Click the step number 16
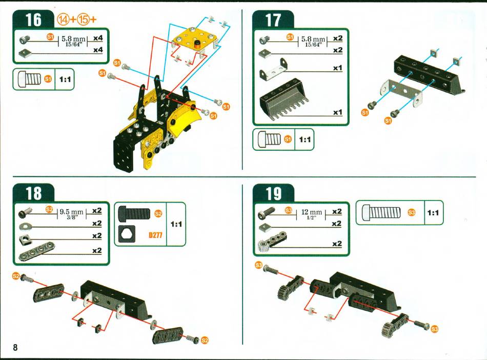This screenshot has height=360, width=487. tap(33, 19)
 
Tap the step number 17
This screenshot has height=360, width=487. tap(273, 20)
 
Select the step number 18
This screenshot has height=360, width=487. tap(33, 193)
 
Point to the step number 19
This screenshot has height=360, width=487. tap(273, 193)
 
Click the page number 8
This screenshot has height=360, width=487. tap(15, 347)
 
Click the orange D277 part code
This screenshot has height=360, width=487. tap(155, 235)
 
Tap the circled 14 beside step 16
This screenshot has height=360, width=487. tap(63, 19)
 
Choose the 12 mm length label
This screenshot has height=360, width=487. tap(312, 212)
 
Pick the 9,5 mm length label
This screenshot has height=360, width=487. tap(71, 212)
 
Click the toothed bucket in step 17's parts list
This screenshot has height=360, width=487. tap(284, 99)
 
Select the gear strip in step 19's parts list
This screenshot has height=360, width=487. tap(272, 241)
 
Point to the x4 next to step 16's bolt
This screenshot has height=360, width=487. tap(98, 38)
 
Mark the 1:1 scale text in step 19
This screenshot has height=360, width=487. tap(433, 213)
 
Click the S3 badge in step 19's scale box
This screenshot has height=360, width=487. tap(412, 212)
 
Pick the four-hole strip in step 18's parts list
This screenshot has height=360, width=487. tap(36, 250)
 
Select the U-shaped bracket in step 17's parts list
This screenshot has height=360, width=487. tap(274, 70)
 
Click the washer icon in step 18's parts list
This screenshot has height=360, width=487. tap(26, 225)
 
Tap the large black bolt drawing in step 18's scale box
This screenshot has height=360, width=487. tap(134, 213)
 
